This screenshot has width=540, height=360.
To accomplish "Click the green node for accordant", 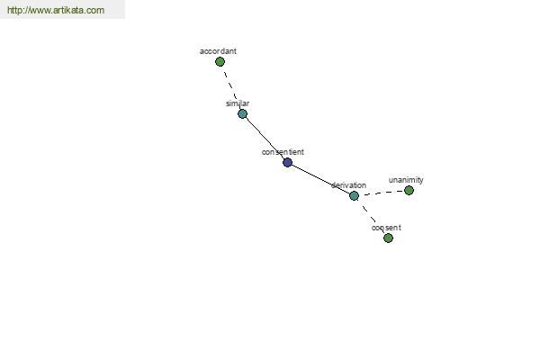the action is (x=220, y=62).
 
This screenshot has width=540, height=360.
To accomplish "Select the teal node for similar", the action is (x=242, y=114).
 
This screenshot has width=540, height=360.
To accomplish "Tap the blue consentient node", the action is (x=288, y=162).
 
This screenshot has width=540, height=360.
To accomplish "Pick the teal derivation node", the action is (x=354, y=195).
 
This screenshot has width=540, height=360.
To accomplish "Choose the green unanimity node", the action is (x=409, y=190).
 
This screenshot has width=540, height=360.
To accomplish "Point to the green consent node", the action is (x=388, y=238).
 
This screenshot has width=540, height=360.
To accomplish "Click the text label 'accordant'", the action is (x=218, y=51).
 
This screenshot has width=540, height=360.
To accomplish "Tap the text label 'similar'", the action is (x=238, y=103).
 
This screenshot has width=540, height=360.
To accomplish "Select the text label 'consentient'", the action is (x=283, y=152).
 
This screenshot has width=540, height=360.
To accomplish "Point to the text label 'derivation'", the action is (x=348, y=185).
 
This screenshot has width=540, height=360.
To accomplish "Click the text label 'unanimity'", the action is (x=406, y=180).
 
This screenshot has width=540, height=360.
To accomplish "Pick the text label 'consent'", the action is (x=386, y=228).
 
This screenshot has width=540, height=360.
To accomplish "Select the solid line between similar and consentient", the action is (x=265, y=138).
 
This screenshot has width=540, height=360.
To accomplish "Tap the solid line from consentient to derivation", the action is (x=320, y=179).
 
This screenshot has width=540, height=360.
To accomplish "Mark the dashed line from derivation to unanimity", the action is (x=382, y=193).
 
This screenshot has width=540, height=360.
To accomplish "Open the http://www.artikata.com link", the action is (x=56, y=10).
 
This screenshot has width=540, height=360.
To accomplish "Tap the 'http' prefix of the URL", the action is (x=13, y=10).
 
